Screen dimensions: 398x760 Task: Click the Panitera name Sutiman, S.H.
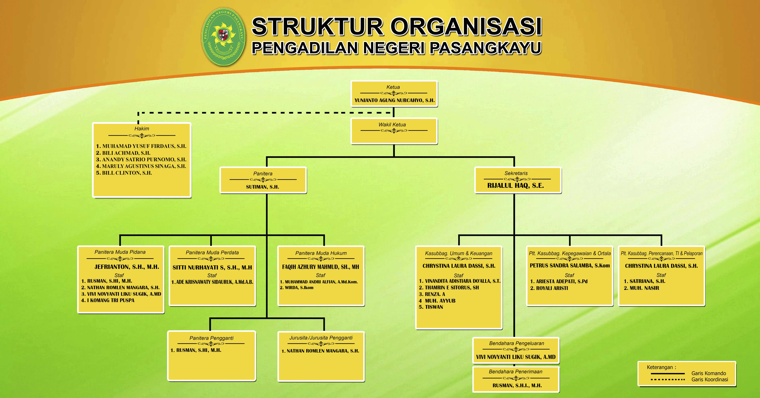click(262, 187)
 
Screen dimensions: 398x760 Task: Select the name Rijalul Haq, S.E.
click(515, 186)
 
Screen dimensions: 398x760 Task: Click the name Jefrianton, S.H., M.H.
click(127, 267)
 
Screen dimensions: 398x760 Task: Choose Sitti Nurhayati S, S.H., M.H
click(212, 268)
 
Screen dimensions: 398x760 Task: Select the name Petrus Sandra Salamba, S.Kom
click(569, 266)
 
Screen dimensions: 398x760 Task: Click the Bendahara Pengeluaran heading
click(516, 343)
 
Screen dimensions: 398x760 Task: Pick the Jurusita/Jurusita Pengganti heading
click(321, 338)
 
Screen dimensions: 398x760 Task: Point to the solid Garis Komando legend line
click(667, 374)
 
